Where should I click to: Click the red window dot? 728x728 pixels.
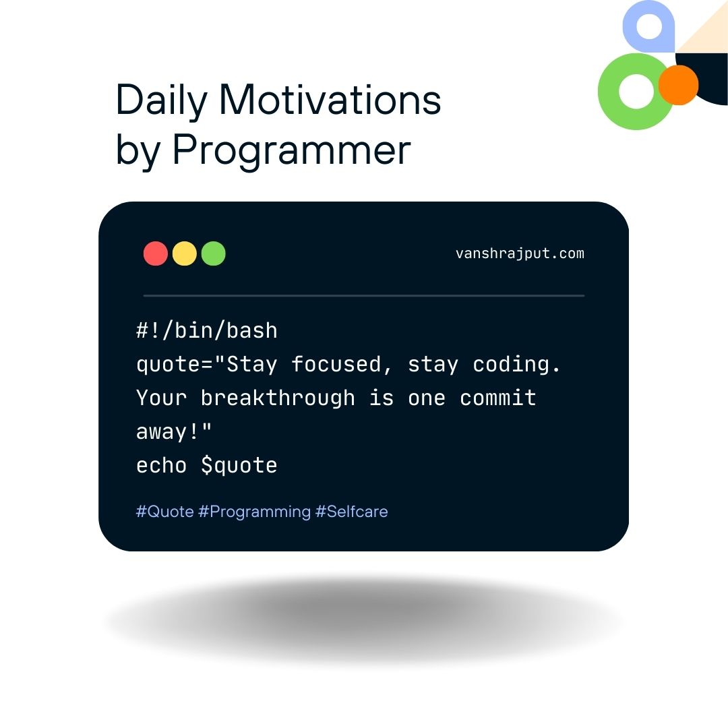click(156, 253)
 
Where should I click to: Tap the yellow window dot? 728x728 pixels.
click(184, 253)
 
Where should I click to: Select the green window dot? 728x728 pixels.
click(214, 253)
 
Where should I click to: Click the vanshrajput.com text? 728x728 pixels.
click(520, 253)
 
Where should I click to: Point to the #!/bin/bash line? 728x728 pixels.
click(207, 330)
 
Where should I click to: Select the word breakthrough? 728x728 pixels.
click(278, 398)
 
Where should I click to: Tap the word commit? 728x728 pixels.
click(498, 398)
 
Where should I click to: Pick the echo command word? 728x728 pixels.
click(162, 465)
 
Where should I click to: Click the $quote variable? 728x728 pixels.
click(239, 466)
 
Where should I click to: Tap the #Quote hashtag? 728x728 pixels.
click(165, 512)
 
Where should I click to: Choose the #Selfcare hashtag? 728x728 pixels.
click(351, 512)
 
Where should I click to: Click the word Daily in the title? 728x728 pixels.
click(161, 100)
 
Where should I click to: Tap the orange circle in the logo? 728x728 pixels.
click(678, 85)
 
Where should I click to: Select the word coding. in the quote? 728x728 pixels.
click(517, 365)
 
